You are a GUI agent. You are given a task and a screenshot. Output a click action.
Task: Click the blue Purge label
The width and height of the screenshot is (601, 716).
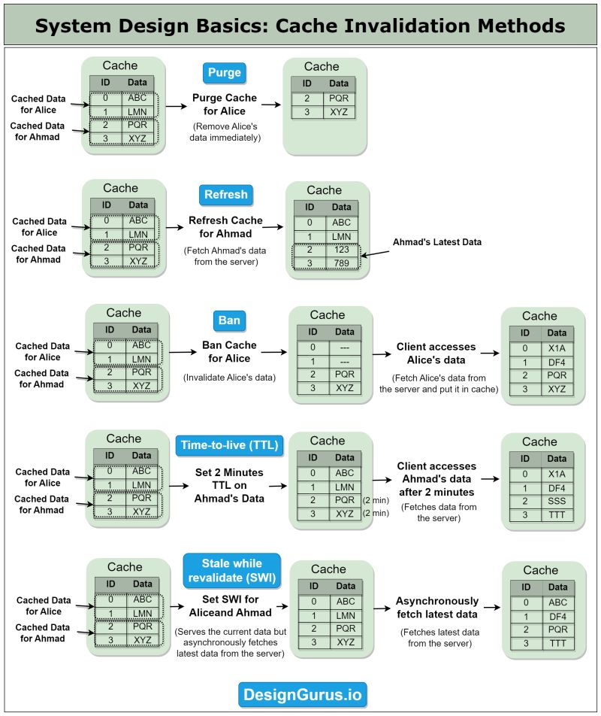coord(224,73)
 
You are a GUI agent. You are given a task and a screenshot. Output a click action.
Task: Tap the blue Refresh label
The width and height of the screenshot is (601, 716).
coord(225,195)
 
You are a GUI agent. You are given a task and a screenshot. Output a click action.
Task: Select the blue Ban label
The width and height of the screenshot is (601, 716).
coord(229,320)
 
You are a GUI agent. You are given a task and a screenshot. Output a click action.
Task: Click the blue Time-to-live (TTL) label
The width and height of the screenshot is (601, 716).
coord(229,445)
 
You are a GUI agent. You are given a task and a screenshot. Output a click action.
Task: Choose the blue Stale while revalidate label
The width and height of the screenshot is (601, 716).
coord(231,571)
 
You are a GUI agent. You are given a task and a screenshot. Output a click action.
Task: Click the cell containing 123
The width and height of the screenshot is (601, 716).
coord(342,250)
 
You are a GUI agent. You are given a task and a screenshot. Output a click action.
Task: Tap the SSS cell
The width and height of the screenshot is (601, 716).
coord(557,501)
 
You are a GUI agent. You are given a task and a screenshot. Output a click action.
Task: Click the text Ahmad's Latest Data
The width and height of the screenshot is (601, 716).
coord(436,242)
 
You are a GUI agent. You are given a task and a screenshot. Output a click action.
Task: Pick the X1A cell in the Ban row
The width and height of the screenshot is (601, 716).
coord(557,348)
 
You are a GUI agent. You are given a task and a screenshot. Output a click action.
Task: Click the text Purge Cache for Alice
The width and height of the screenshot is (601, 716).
coord(225,105)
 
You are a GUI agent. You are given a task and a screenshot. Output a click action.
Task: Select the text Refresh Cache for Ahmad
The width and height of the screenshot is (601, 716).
coord(225,227)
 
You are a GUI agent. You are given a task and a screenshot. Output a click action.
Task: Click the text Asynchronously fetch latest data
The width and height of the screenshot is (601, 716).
coord(436,608)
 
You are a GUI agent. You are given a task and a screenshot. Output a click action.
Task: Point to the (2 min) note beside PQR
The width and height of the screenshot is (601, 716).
coord(375,500)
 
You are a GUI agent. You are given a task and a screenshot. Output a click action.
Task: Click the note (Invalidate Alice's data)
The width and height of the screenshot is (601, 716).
coord(230,377)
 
